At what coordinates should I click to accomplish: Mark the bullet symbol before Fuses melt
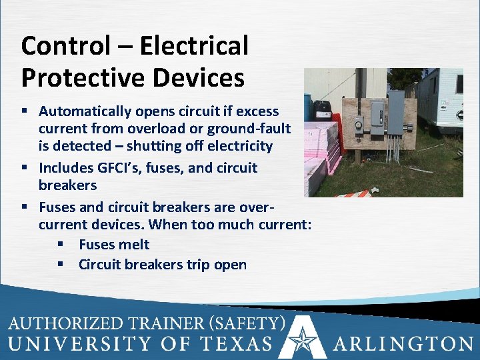(x=61, y=245)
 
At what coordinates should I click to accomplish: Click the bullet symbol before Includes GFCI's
(x=25, y=168)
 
